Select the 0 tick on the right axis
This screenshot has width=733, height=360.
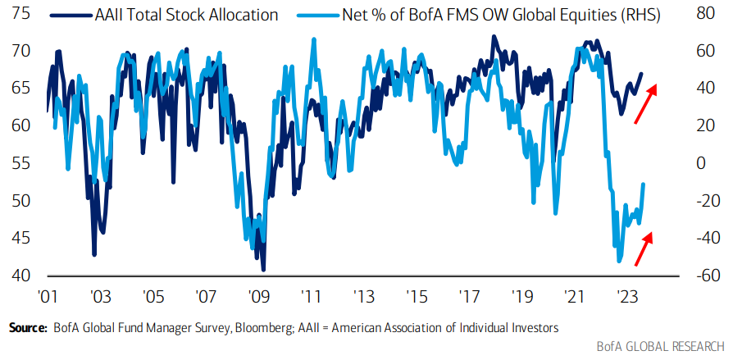[700, 163]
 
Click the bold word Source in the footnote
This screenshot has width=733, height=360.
[27, 327]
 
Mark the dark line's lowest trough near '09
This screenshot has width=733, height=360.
[263, 269]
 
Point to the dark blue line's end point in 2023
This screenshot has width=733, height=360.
[641, 74]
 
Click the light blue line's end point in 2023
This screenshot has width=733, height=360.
[643, 185]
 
